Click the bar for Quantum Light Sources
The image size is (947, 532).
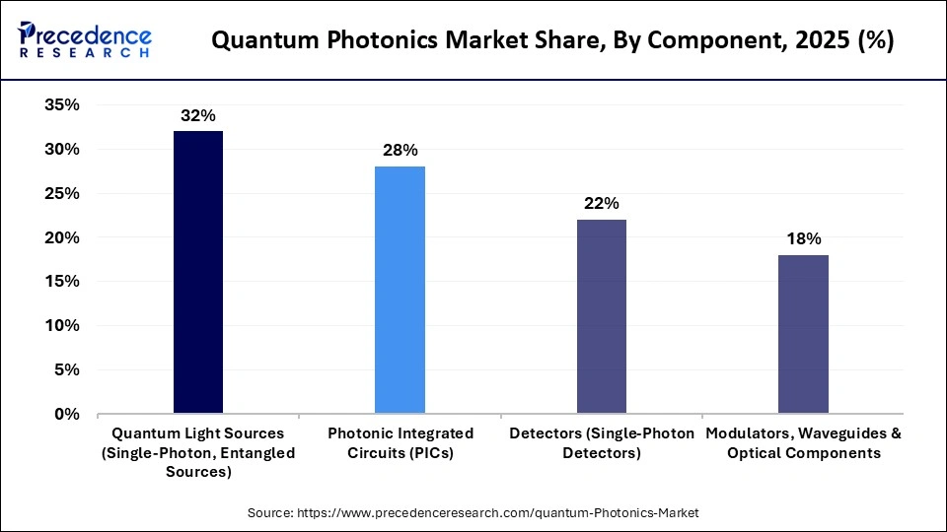click(197, 272)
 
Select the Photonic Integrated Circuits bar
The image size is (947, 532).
click(400, 290)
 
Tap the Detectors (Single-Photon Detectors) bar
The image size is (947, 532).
click(601, 316)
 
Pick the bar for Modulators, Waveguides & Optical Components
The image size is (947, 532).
click(803, 334)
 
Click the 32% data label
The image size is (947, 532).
click(197, 116)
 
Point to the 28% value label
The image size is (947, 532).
click(400, 151)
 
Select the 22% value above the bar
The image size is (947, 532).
click(601, 204)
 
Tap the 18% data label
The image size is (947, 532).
click(803, 238)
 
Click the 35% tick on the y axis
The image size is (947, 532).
click(61, 105)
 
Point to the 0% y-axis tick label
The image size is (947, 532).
click(67, 414)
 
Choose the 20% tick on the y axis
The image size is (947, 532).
click(61, 237)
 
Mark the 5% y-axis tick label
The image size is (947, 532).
click(67, 369)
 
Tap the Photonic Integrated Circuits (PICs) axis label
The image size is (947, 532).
click(401, 443)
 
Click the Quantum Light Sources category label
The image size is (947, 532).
click(198, 452)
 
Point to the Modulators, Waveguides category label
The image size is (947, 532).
click(803, 443)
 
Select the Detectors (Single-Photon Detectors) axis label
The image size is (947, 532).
click(602, 443)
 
